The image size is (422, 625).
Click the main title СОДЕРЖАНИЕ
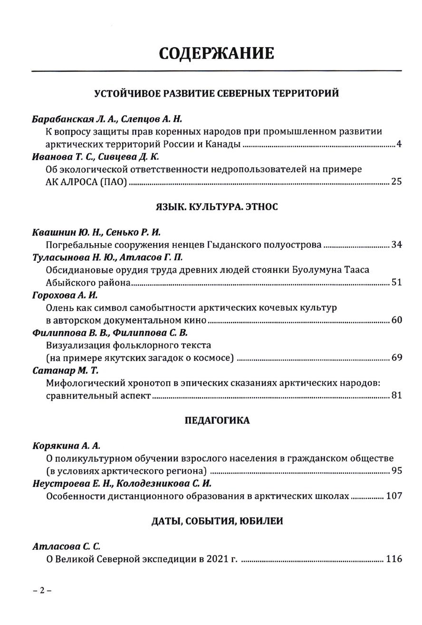216,53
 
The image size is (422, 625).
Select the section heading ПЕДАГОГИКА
217,420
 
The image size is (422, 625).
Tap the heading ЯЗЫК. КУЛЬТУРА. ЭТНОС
216,207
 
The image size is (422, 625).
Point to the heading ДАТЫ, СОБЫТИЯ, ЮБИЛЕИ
217,521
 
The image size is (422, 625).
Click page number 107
394,496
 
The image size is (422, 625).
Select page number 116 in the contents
394,558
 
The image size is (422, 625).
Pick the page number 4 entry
399,144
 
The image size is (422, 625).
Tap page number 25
396,181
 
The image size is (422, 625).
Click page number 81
396,395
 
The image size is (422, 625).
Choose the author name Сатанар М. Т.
65,370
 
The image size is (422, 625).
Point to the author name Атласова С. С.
66,546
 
